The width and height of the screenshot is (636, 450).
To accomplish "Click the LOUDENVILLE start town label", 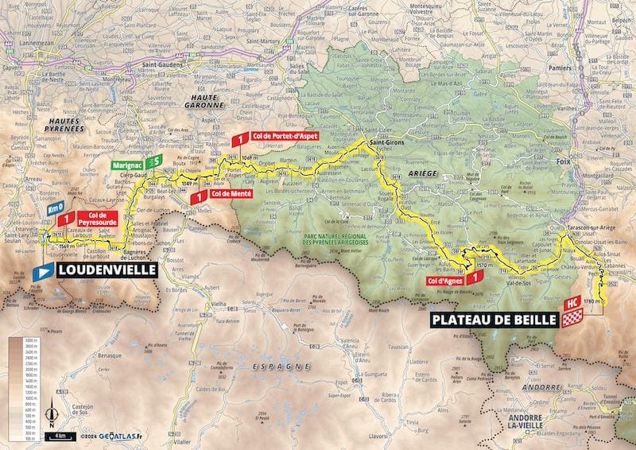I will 105,270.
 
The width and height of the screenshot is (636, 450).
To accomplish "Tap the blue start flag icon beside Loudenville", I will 44,271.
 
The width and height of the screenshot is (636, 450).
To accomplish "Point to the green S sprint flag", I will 157,161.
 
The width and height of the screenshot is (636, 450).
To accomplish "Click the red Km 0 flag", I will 55,208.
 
